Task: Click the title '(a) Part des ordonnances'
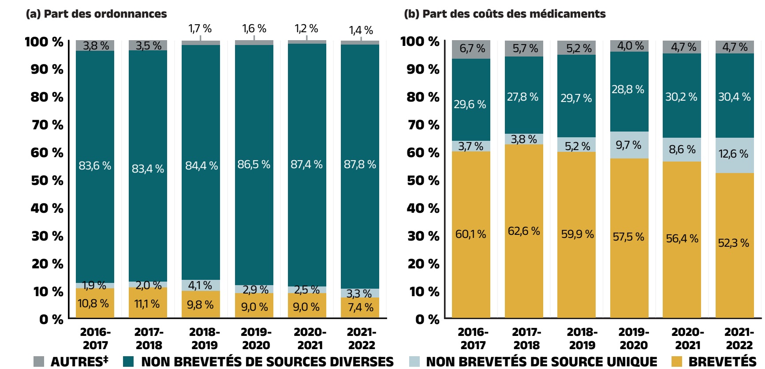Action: point(96,14)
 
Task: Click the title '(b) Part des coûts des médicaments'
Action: point(504,14)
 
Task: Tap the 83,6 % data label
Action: point(95,166)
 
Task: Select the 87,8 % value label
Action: point(360,165)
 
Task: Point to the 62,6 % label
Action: point(524,231)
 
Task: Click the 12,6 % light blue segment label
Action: point(733,154)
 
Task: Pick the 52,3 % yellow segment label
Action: point(733,243)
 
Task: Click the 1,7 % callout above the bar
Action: point(200,29)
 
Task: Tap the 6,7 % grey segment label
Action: point(472,48)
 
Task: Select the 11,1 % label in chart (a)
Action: point(147,304)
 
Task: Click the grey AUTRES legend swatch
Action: point(39,361)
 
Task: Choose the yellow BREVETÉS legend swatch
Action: point(676,361)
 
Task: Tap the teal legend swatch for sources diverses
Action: point(128,361)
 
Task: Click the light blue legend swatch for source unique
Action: point(414,361)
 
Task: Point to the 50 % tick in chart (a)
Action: point(47,180)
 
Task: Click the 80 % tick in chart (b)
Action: point(423,97)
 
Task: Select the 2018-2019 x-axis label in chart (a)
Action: point(204,339)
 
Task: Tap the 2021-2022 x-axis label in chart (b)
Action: point(739,339)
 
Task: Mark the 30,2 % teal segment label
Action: point(681,97)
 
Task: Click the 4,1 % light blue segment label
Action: point(200,285)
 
